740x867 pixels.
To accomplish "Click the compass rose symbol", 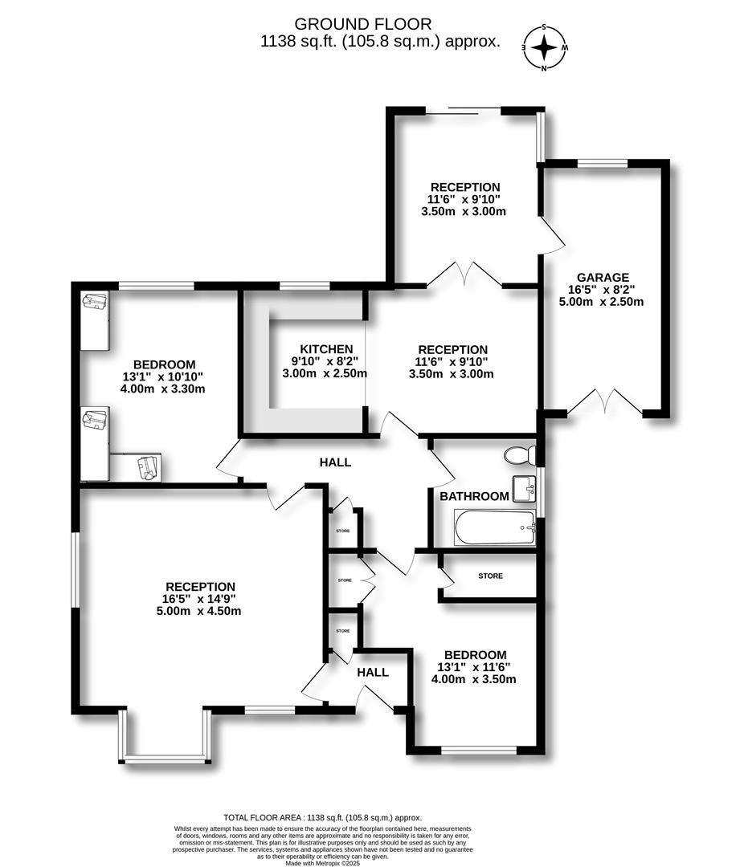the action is coord(545,47).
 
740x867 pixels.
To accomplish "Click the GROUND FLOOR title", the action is coord(362,24).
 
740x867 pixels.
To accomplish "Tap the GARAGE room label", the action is coord(603,278).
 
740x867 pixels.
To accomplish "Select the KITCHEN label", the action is coord(326,349).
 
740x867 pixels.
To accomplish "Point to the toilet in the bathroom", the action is coord(520,455).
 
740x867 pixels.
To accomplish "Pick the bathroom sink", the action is coord(524,489).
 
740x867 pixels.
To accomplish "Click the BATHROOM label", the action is coord(474,497).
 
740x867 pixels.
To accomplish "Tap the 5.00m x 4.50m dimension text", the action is coord(198,611).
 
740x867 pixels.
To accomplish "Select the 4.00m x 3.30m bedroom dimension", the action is coord(163,389).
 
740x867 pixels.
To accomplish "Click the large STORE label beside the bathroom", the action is coord(490,576).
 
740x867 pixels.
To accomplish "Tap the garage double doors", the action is coord(604,401).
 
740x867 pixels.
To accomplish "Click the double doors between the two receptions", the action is coord(465,275).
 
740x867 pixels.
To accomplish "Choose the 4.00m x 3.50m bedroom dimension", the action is coord(474,679).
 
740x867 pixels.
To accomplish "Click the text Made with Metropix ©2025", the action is coord(323,862).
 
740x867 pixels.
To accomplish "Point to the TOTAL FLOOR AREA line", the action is coord(323,817).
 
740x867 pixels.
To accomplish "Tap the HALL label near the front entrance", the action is coord(373,673).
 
